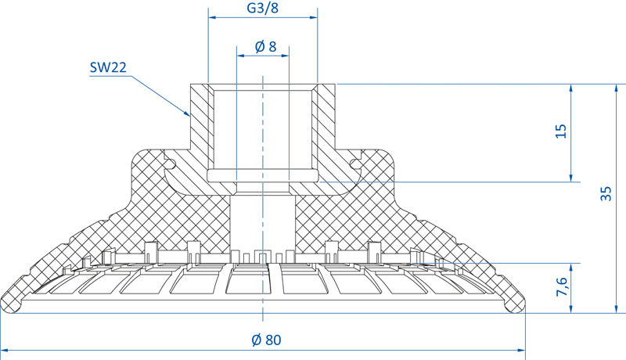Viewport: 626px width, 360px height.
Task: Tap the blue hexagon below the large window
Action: (263, 220)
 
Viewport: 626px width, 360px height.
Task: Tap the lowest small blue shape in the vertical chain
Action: (263, 298)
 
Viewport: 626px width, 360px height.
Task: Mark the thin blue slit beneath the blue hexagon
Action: (263, 258)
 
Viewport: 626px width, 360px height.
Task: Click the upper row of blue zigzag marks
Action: (356, 182)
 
